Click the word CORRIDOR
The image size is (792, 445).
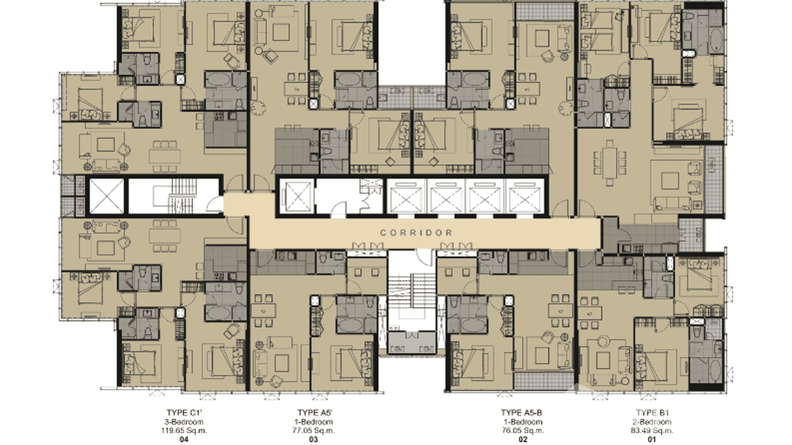click(x=416, y=233)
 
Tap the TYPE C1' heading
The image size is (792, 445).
click(x=184, y=413)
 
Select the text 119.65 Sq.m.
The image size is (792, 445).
click(x=184, y=430)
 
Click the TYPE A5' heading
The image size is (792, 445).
click(x=315, y=413)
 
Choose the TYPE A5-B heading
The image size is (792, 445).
click(x=522, y=413)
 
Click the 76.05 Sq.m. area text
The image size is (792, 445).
click(x=523, y=430)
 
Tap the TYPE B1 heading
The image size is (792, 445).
click(x=652, y=413)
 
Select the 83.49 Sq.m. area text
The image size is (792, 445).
click(x=652, y=430)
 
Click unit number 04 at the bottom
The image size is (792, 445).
click(x=184, y=439)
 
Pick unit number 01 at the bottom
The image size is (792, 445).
click(x=652, y=439)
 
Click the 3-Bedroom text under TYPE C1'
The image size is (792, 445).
click(x=184, y=421)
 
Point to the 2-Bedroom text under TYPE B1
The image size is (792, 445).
click(x=652, y=421)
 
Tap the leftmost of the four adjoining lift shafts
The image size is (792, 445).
click(x=406, y=197)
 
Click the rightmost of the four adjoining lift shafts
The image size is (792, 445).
click(x=525, y=197)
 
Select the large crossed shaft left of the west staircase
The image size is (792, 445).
click(x=107, y=196)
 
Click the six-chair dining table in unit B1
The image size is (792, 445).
click(x=610, y=163)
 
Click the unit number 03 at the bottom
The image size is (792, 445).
click(x=313, y=439)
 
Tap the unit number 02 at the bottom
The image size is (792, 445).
click(x=523, y=439)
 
